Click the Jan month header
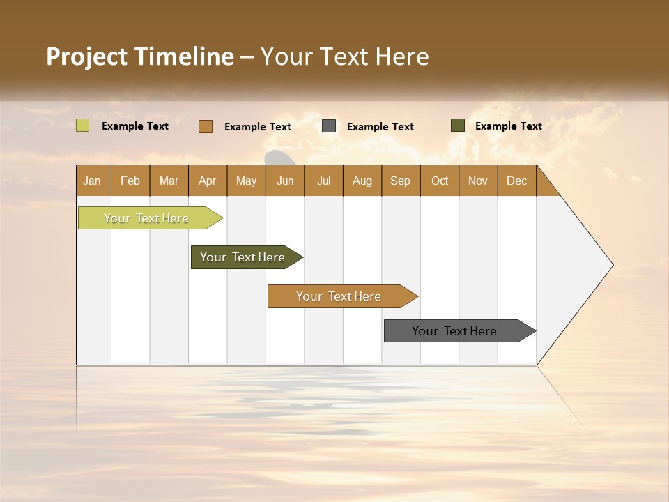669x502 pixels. (x=93, y=181)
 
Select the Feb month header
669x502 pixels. (x=130, y=181)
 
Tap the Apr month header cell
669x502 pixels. (x=208, y=181)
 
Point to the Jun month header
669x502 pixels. (x=285, y=181)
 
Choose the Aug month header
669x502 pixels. (x=362, y=181)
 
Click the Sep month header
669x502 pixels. (x=401, y=181)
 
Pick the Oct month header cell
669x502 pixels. (x=440, y=181)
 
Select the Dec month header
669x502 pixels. (x=517, y=181)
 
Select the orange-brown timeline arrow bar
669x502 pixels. (x=339, y=296)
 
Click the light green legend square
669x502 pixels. (x=82, y=125)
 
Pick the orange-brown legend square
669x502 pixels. (x=206, y=126)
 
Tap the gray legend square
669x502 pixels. (x=329, y=126)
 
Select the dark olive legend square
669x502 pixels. (x=458, y=125)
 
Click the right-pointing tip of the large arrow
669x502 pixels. (x=610, y=265)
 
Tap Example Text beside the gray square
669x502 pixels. (x=380, y=127)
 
